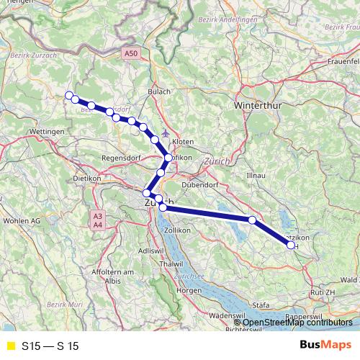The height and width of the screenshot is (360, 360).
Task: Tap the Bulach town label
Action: tap(158, 91)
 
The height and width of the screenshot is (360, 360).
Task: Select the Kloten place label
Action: tap(183, 143)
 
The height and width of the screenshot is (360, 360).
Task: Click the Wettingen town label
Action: tap(48, 132)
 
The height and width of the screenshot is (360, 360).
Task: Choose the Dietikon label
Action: tap(86, 177)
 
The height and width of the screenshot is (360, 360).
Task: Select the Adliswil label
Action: tap(150, 250)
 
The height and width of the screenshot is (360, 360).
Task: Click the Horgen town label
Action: tap(189, 290)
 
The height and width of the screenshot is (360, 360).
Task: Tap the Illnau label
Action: tap(256, 175)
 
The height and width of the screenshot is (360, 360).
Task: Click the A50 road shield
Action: tap(130, 53)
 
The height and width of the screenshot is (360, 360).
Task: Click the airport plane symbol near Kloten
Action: tap(167, 132)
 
